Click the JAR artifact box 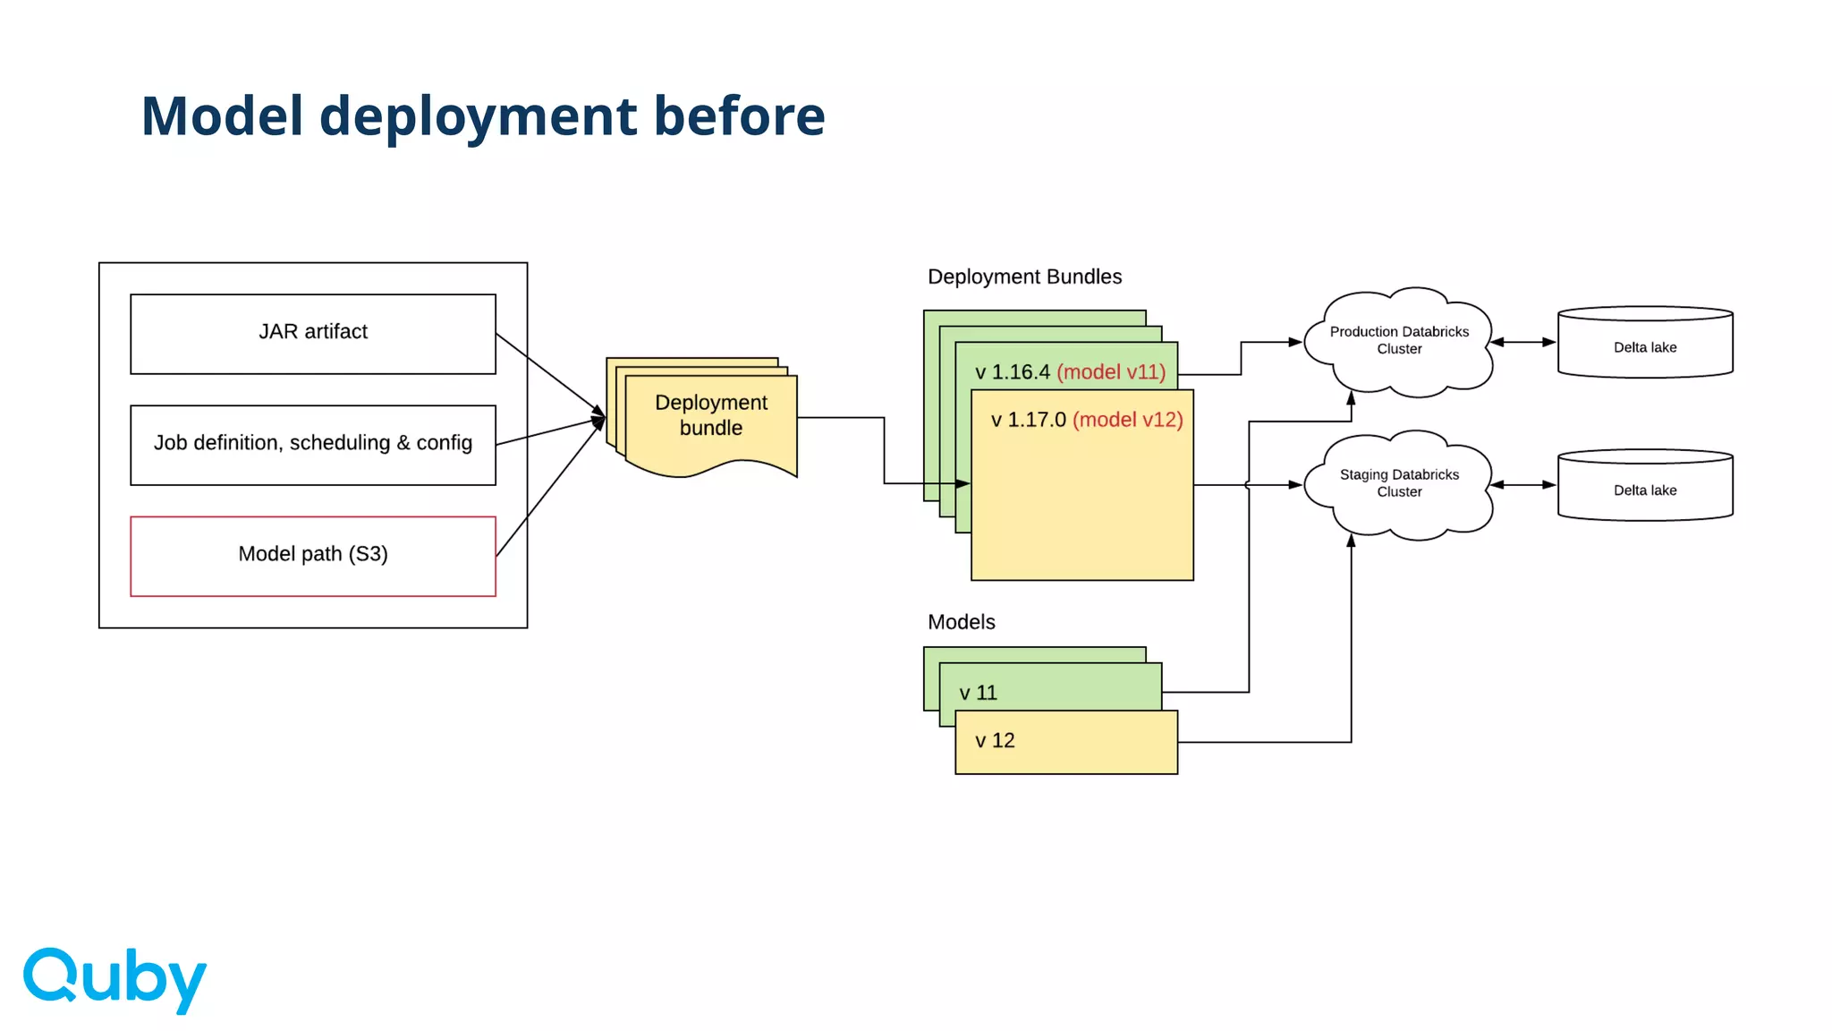pos(313,333)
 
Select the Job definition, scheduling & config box pos(313,445)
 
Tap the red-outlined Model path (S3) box pos(313,556)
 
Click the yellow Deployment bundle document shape pos(711,421)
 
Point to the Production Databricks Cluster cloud pos(1399,341)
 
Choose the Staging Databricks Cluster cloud pos(1399,484)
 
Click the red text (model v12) pos(1127,420)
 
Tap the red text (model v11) pos(1111,372)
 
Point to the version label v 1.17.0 pos(1029,420)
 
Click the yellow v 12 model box pos(1066,742)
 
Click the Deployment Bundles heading pos(1024,277)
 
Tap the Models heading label pos(961,622)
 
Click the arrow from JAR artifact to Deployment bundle pos(550,375)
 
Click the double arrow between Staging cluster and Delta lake pos(1523,485)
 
